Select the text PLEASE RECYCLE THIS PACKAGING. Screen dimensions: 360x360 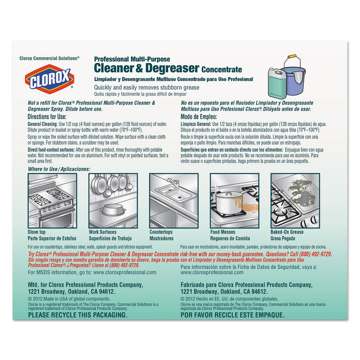click(x=78, y=315)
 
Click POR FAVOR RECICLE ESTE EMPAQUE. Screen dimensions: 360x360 click(x=232, y=315)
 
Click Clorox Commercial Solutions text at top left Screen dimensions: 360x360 click(x=49, y=58)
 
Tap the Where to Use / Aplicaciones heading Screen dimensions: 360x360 click(x=59, y=169)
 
